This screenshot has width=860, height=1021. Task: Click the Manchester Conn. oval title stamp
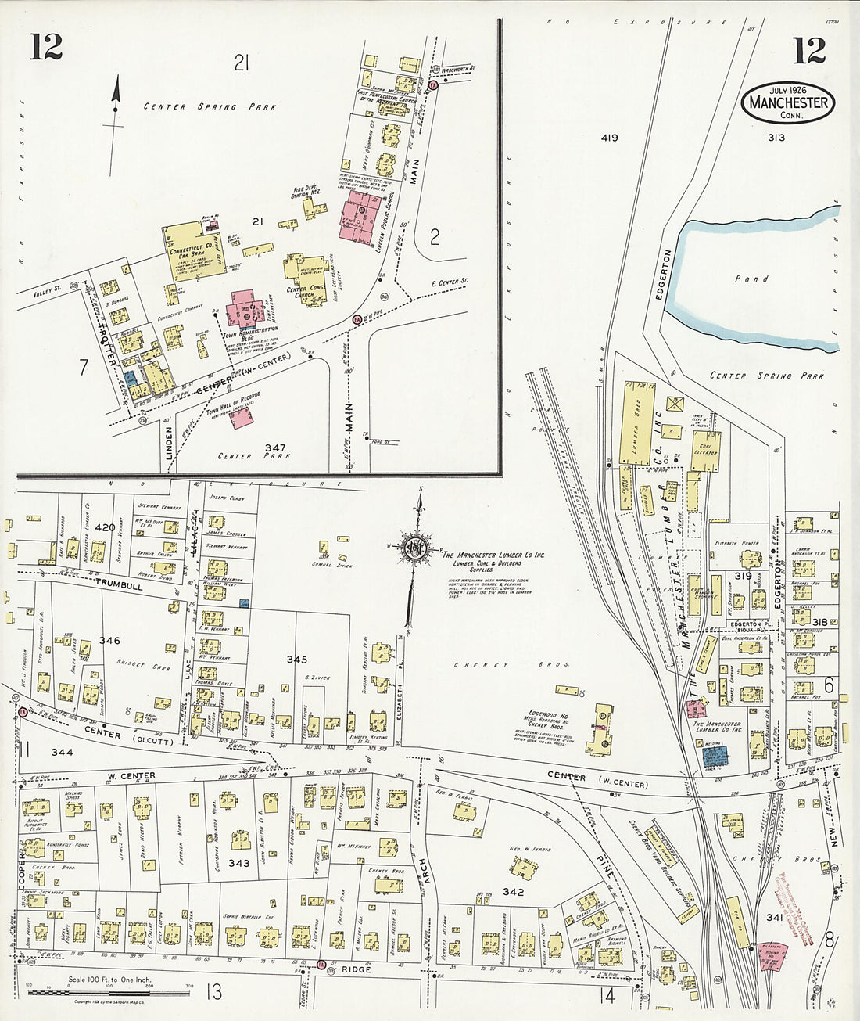(788, 102)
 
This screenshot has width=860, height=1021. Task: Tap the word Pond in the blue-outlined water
(751, 279)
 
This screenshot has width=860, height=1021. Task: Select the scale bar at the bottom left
(109, 992)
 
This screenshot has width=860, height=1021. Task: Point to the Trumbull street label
(120, 584)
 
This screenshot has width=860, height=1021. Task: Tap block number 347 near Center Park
(275, 448)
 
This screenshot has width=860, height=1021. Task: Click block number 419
(610, 138)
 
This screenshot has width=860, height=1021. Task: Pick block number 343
(238, 863)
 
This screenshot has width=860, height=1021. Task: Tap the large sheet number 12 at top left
(46, 48)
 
